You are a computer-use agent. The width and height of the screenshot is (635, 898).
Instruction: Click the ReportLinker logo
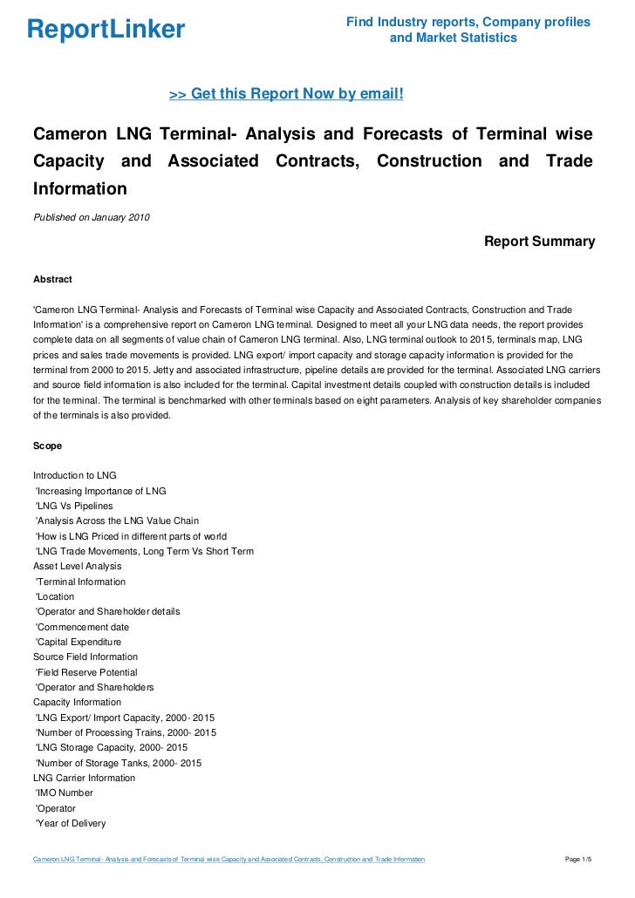[x=106, y=31]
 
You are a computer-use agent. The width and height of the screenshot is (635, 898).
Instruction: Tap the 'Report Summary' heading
[x=539, y=242]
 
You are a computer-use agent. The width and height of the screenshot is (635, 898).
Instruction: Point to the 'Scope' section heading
[x=47, y=446]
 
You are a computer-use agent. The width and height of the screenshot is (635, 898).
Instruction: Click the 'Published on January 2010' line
[x=91, y=217]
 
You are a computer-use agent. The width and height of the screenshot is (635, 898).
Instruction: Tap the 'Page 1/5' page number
[x=579, y=861]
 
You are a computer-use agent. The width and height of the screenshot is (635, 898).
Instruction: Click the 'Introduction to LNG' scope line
[x=74, y=475]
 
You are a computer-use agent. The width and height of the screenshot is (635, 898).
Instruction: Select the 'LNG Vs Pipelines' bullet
[x=73, y=506]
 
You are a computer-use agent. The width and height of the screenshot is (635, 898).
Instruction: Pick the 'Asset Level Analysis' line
[x=77, y=566]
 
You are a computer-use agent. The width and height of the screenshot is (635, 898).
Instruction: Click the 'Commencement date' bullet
[x=81, y=627]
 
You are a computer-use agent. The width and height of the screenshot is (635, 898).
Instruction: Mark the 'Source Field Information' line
[x=85, y=656]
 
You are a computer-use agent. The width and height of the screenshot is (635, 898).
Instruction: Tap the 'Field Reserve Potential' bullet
[x=85, y=672]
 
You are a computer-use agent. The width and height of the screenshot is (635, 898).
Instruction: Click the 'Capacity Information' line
[x=77, y=702]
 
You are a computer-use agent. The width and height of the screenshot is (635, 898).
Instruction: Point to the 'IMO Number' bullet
[x=64, y=793]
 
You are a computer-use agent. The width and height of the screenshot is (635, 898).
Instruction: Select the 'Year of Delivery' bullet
[x=70, y=823]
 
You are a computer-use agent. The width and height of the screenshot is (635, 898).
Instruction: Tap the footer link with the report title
[x=229, y=861]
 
